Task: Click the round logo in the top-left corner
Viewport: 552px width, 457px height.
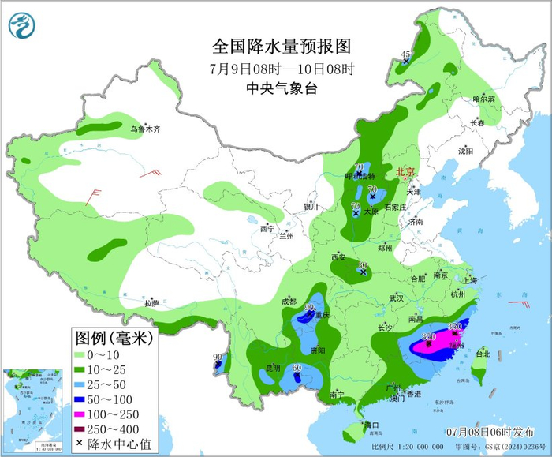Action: tap(23, 24)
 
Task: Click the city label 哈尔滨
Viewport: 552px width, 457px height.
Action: tap(483, 99)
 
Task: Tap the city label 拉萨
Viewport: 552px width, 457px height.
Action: tap(152, 302)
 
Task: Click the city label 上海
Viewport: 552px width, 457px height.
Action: tap(471, 279)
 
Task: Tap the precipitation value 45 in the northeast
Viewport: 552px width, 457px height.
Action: tap(407, 53)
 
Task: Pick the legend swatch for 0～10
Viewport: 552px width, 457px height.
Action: tap(87, 354)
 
